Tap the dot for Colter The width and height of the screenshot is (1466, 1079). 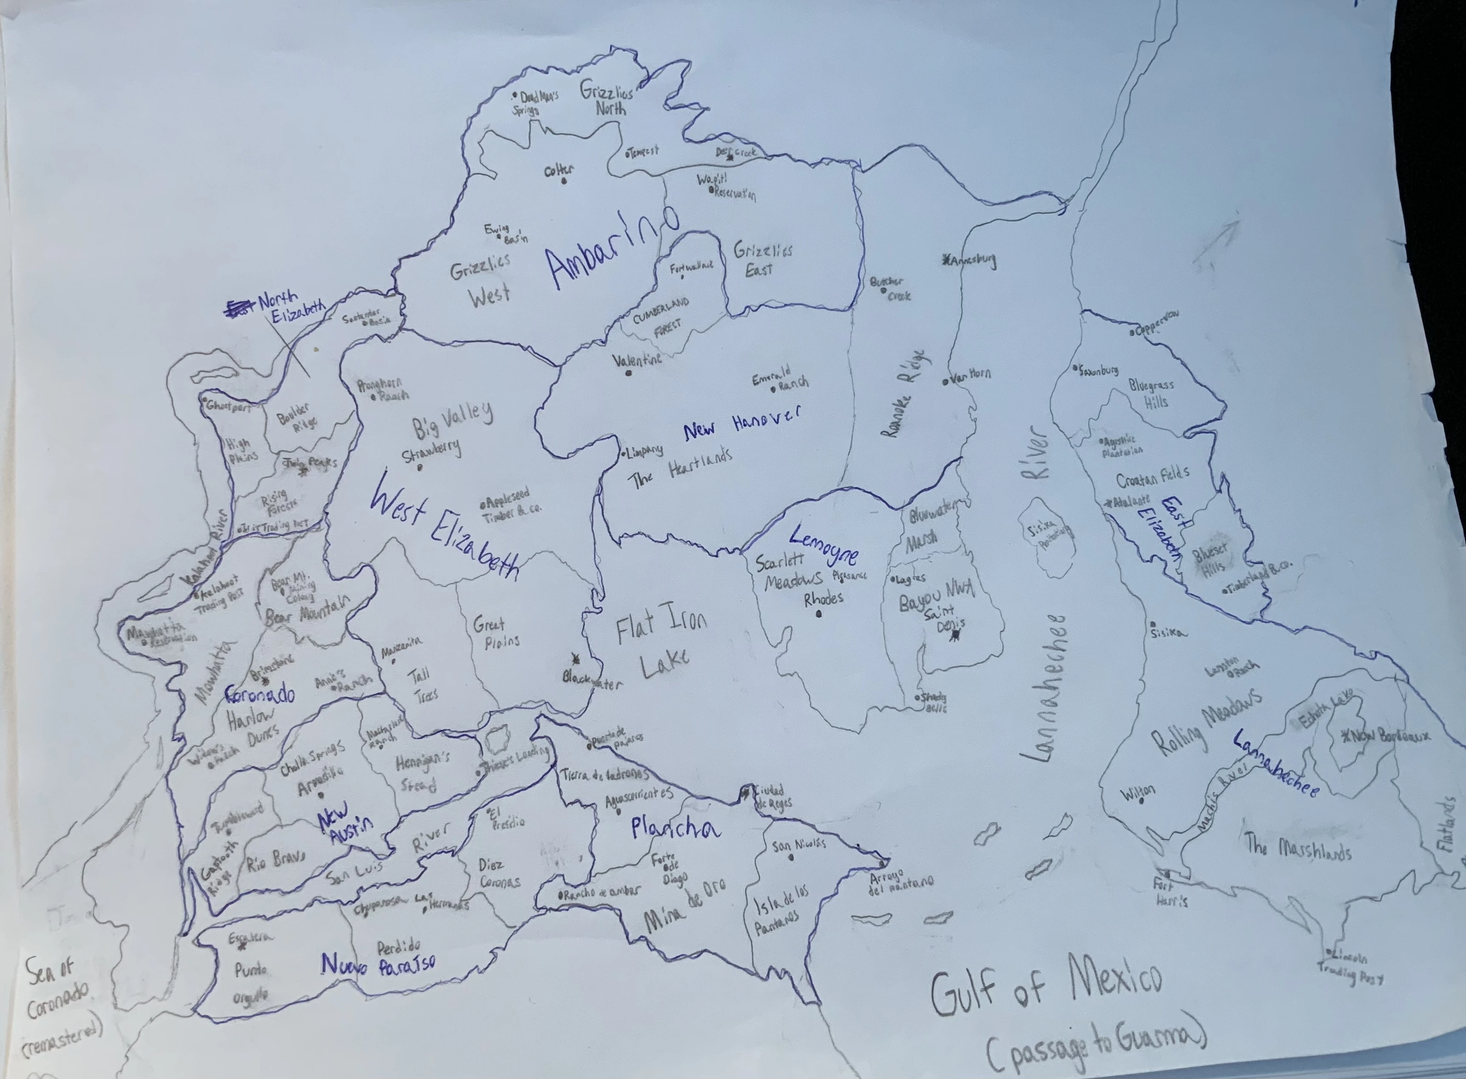click(563, 181)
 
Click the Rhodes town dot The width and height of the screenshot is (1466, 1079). click(819, 614)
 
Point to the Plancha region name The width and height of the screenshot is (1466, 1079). click(676, 828)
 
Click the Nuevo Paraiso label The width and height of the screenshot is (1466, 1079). click(378, 963)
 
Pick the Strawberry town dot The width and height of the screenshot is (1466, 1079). click(420, 467)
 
